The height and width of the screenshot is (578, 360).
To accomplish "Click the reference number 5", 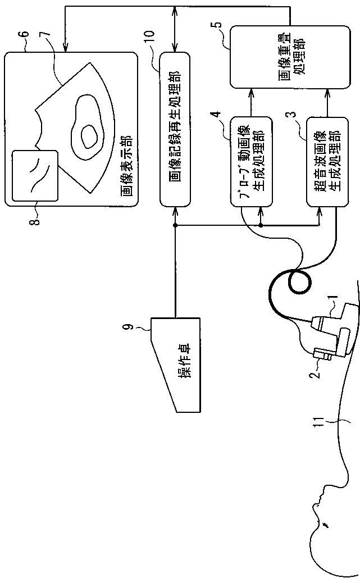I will pos(218,24).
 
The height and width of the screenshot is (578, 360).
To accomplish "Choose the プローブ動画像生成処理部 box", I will pos(251,161).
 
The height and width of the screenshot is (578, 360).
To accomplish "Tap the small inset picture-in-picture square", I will pos(35,175).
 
